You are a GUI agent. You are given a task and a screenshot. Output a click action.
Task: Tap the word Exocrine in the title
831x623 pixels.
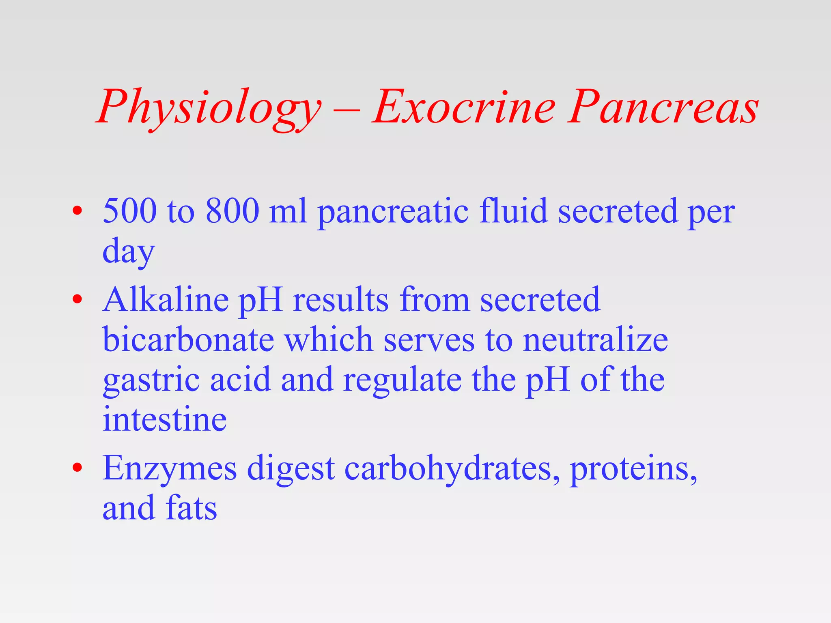[x=464, y=107]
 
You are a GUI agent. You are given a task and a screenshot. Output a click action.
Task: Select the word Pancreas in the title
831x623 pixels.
[x=663, y=107]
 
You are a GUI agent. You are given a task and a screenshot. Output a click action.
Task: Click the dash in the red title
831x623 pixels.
[x=348, y=110]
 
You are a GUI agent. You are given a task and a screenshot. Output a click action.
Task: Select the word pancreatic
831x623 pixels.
[x=392, y=212]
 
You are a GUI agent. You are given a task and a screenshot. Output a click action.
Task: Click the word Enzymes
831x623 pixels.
[x=170, y=469]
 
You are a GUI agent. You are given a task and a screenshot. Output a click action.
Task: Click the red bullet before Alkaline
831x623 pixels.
[x=77, y=300]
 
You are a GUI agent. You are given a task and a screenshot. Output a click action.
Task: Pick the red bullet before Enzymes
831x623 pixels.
[x=77, y=468]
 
